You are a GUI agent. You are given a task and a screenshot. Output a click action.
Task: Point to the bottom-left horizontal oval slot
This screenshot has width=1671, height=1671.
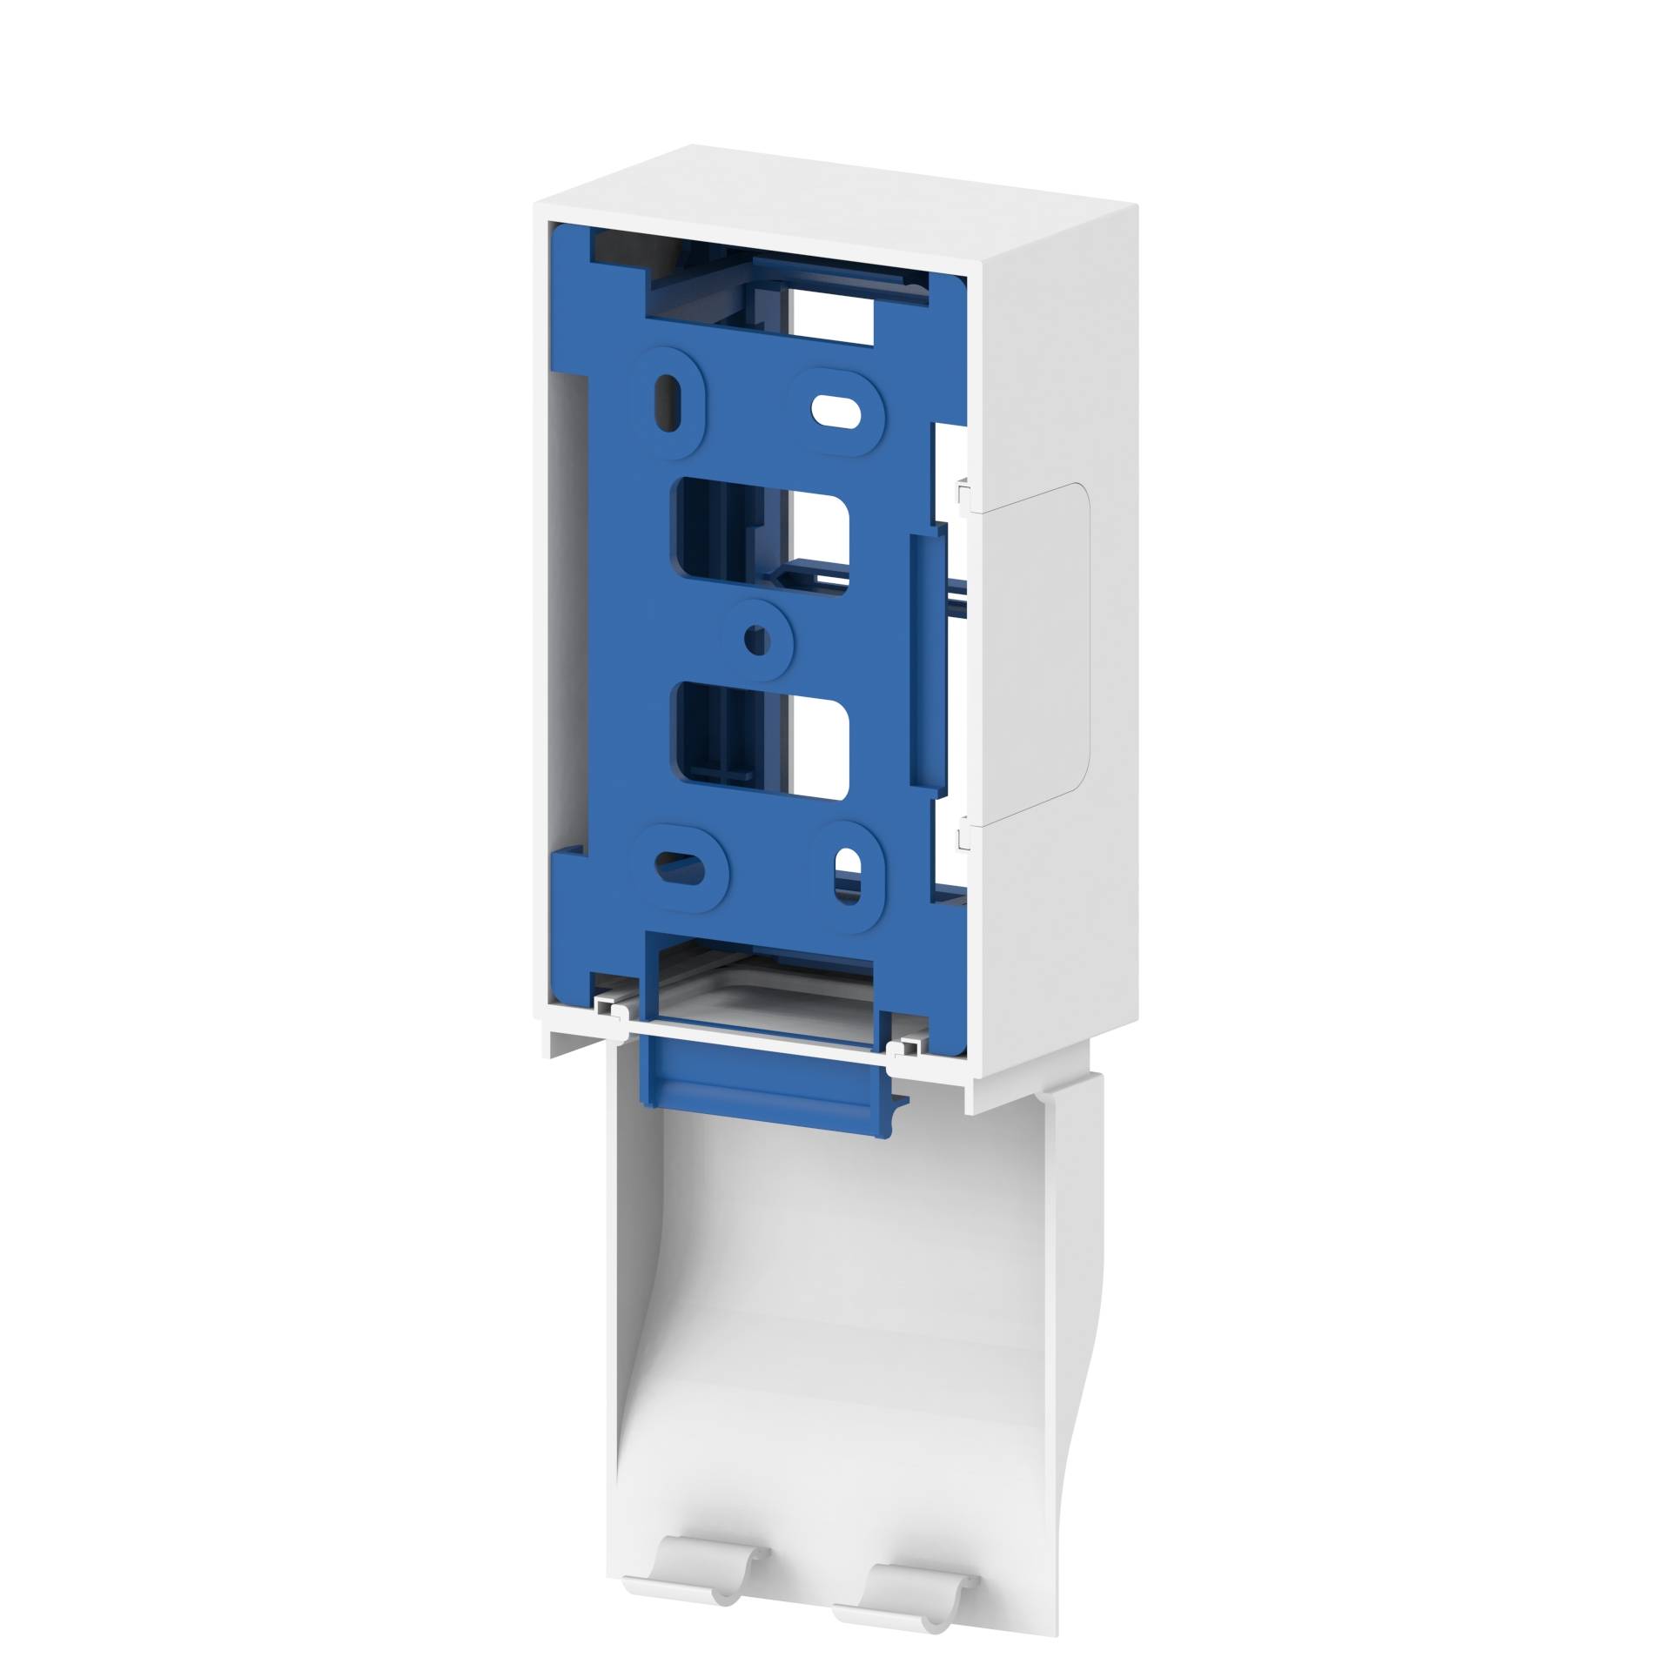click(681, 865)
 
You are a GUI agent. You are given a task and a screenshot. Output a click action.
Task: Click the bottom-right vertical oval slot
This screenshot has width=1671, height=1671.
click(842, 876)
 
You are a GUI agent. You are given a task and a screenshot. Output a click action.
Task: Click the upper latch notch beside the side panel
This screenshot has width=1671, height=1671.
click(963, 496)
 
